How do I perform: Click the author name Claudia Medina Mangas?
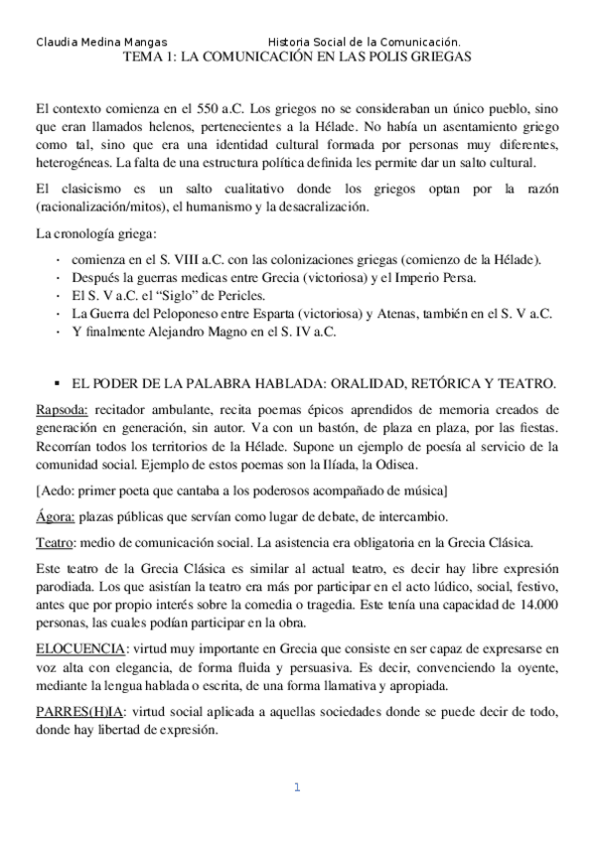99,43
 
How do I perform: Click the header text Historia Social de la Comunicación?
364,43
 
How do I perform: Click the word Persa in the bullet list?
459,277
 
